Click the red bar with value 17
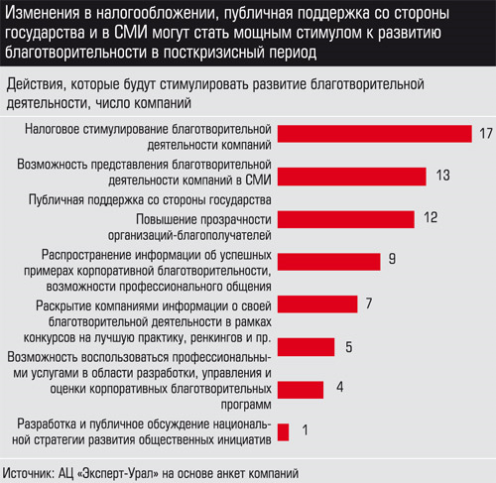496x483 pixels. (375, 134)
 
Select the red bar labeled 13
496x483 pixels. (352, 177)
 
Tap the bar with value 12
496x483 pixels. (346, 219)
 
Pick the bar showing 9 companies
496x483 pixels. (329, 262)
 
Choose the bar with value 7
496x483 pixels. (317, 304)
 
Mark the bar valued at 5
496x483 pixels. (306, 347)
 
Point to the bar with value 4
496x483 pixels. (301, 390)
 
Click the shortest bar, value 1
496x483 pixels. (283, 432)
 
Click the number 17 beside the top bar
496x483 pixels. (486, 134)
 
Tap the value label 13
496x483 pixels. (443, 176)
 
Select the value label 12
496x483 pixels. (431, 217)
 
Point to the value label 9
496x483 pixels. (392, 258)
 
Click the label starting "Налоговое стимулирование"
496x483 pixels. (148, 137)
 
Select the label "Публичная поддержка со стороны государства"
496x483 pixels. (150, 199)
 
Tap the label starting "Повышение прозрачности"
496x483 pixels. (189, 227)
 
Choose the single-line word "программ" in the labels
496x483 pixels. (246, 405)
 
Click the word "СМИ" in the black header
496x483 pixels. (131, 33)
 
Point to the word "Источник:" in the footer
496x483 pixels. (29, 473)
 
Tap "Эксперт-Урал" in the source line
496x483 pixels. (119, 473)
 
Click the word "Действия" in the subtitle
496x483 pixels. (35, 85)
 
